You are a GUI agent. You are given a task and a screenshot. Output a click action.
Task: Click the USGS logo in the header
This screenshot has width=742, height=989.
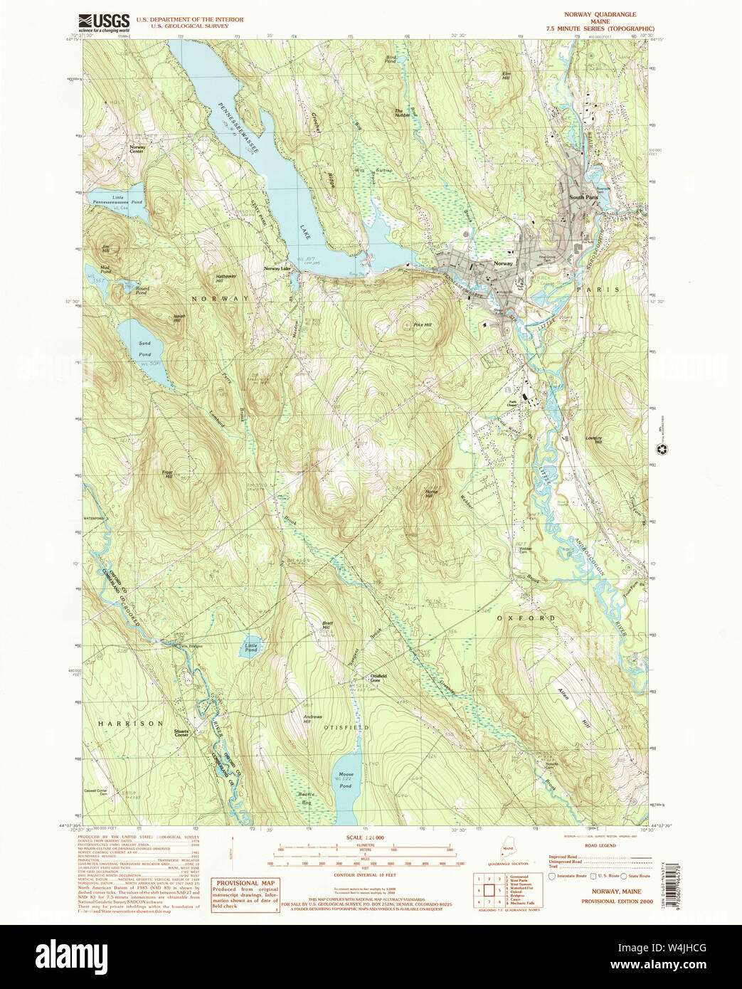point(103,22)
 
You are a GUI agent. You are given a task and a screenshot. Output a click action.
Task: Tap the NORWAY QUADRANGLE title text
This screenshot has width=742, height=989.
point(600,14)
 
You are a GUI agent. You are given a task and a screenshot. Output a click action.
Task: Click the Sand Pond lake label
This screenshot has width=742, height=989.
point(144,349)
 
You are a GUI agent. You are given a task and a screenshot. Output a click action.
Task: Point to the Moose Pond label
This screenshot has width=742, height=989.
point(346,780)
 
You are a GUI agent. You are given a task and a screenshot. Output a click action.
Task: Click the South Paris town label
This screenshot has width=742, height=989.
point(583,197)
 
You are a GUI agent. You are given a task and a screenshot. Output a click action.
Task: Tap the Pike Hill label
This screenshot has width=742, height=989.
point(423,324)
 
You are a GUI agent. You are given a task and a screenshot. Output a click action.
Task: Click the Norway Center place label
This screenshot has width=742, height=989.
point(137,149)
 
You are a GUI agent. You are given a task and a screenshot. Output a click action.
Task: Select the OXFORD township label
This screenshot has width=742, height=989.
point(525,618)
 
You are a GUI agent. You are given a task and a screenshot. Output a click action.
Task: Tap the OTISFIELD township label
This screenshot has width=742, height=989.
point(346,728)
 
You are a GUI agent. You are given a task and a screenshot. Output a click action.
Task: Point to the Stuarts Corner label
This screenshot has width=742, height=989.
point(181,732)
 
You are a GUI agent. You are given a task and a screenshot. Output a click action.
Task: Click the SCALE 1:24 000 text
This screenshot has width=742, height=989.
point(364,838)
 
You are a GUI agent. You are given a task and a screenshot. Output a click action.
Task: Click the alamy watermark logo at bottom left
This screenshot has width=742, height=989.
point(71,955)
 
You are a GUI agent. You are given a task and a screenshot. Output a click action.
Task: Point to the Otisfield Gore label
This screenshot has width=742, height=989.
point(378,678)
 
